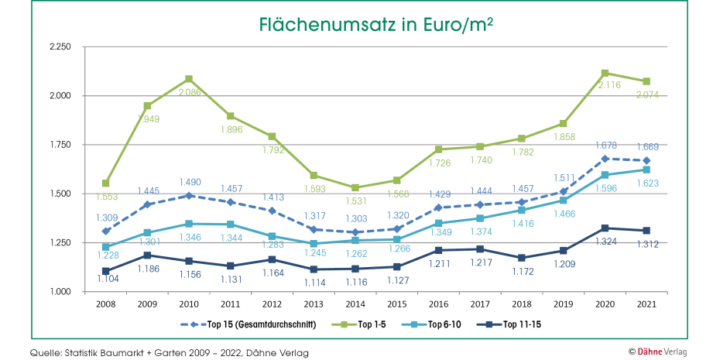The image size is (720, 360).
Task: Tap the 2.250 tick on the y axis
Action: (x=60, y=47)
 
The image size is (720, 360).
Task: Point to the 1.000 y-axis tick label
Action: (x=60, y=292)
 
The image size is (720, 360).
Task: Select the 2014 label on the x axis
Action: (x=355, y=305)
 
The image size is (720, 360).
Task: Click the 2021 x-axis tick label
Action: (x=646, y=305)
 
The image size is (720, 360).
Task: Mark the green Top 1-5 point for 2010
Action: (x=189, y=79)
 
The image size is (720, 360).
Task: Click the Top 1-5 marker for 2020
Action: (x=605, y=73)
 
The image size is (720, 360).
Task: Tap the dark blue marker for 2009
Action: (x=147, y=255)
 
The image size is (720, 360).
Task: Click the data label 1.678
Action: (x=605, y=145)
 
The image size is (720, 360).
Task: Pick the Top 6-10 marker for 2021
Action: (x=646, y=170)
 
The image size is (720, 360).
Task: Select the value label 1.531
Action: (x=355, y=201)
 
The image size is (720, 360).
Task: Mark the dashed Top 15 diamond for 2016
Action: (x=438, y=207)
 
